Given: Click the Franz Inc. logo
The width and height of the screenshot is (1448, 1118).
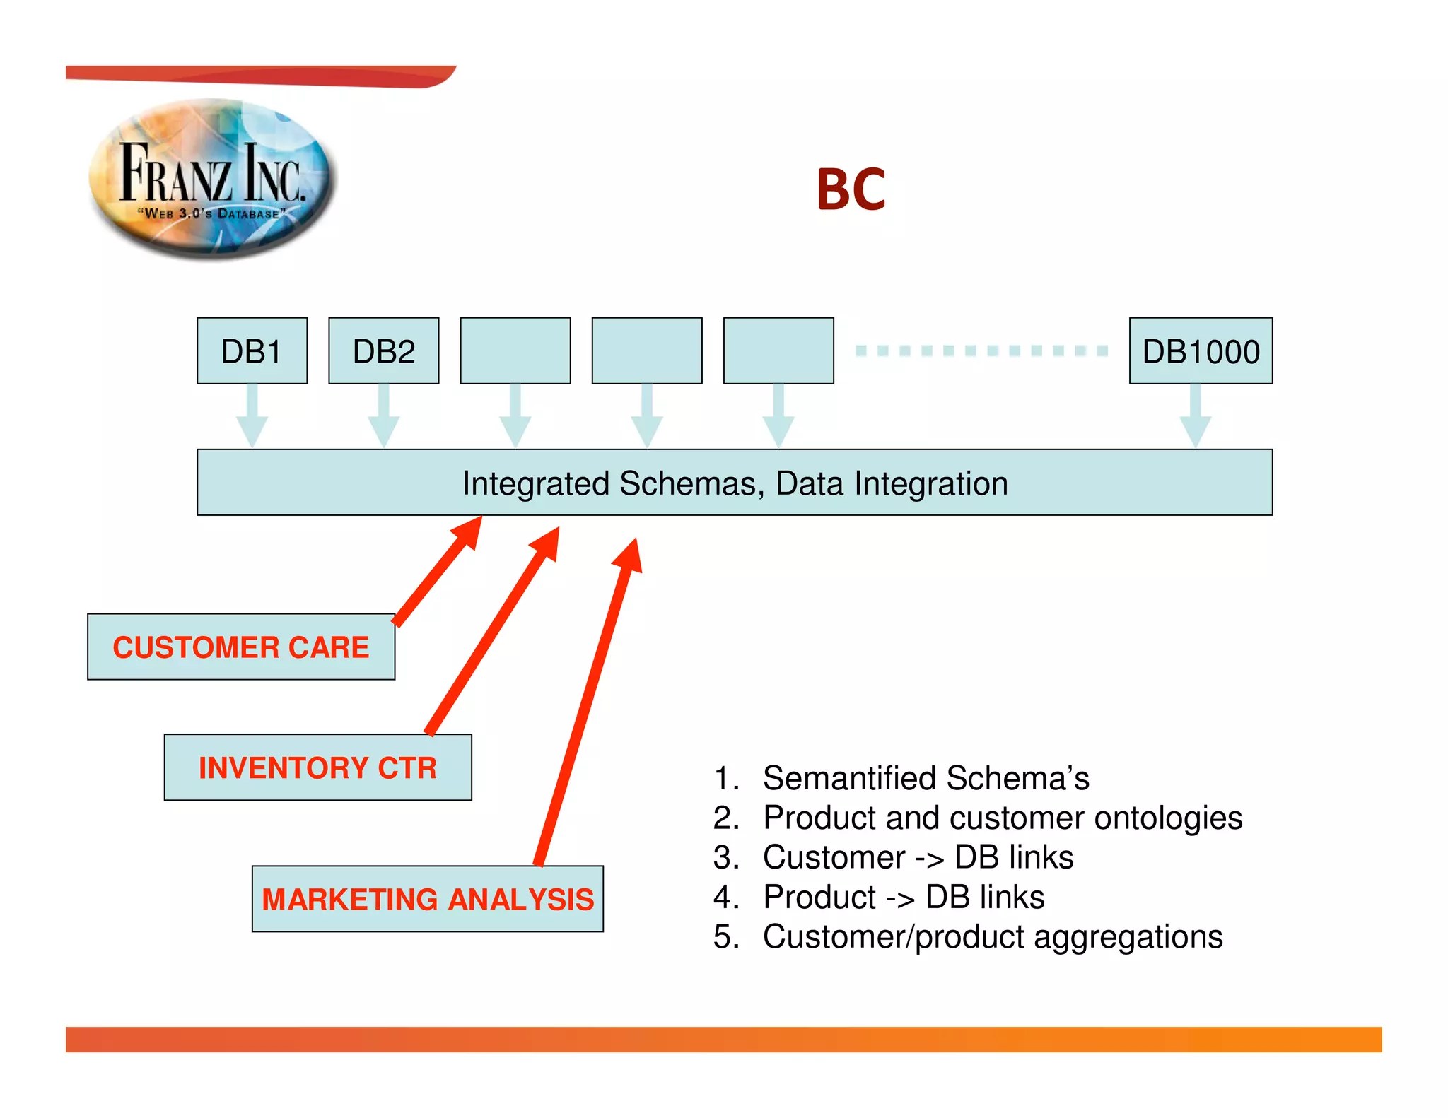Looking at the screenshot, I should point(212,178).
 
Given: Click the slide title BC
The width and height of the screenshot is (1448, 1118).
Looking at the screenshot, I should point(851,189).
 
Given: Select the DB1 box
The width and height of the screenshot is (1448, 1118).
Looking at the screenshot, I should point(252,351).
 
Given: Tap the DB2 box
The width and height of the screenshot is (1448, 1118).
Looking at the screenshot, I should point(383,351).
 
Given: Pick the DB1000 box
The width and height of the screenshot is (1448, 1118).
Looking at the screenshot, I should point(1201,351).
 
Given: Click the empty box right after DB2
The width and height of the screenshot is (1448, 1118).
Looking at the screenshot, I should point(515,351).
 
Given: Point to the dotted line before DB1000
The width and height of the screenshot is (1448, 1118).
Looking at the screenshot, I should point(981,351).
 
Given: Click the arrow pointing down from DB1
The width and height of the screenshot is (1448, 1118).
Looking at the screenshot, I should point(252,416).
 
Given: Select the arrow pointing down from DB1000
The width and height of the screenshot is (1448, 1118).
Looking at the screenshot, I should point(1196,416).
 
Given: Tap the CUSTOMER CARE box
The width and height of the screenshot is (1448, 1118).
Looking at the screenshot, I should point(241,647).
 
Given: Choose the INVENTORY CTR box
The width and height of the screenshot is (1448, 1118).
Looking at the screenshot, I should point(317,767).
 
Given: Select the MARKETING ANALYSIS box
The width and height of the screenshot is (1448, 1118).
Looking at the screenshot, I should point(427,899).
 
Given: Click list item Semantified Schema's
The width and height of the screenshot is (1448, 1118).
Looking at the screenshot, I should point(926,778).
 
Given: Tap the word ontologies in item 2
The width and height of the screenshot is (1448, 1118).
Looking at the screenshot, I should point(1168,818).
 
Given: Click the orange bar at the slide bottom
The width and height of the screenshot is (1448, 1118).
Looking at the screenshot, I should point(723,1040).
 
